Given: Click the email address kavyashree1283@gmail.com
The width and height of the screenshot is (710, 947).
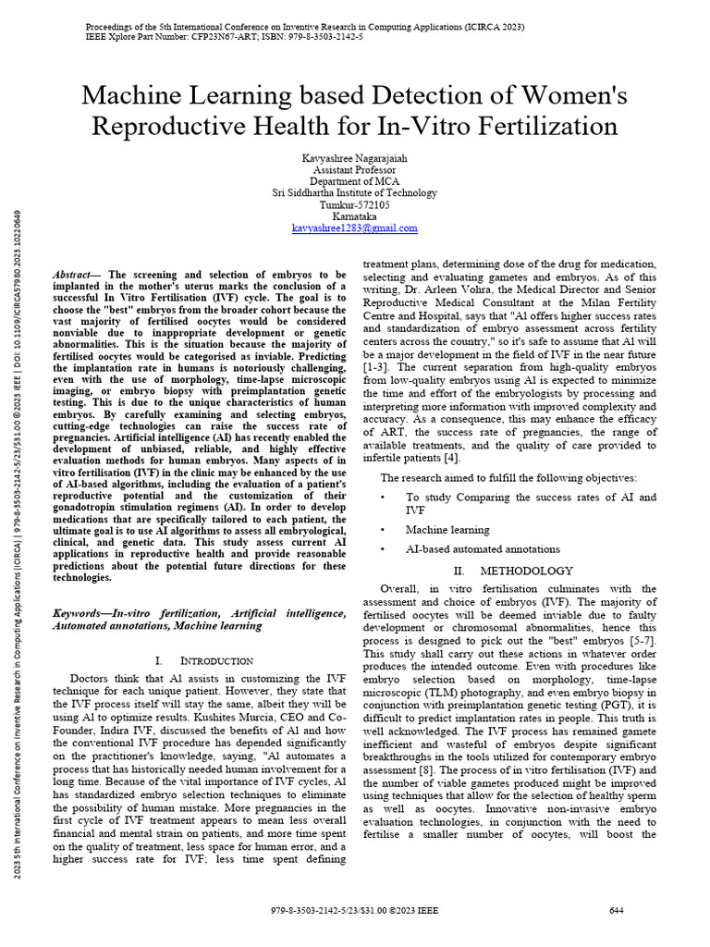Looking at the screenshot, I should (354, 228).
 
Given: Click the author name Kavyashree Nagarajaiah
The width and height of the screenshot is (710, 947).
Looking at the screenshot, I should (354, 158).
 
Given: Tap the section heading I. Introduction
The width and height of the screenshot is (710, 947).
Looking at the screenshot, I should (203, 660).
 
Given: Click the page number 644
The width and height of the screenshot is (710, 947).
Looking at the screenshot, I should (617, 911).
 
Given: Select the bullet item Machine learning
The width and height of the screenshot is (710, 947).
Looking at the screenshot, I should (447, 530).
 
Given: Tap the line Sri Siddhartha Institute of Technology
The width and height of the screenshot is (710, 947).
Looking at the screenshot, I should (354, 193).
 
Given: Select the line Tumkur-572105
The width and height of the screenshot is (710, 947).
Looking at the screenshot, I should (354, 204).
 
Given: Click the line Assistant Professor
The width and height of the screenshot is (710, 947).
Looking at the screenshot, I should (354, 170).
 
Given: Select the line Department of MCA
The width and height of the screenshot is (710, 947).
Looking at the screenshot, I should (354, 181).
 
